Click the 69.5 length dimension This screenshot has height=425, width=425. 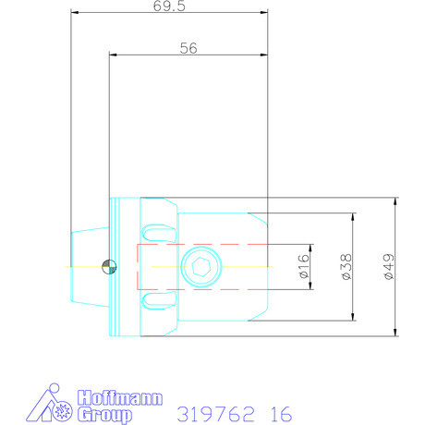tap(170, 6)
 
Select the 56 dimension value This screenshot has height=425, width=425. tap(188, 49)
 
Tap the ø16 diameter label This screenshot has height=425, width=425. tap(303, 267)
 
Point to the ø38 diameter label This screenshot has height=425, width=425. tap(345, 267)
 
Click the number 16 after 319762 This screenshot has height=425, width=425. tap(281, 413)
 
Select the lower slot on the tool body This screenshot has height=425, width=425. tap(159, 298)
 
